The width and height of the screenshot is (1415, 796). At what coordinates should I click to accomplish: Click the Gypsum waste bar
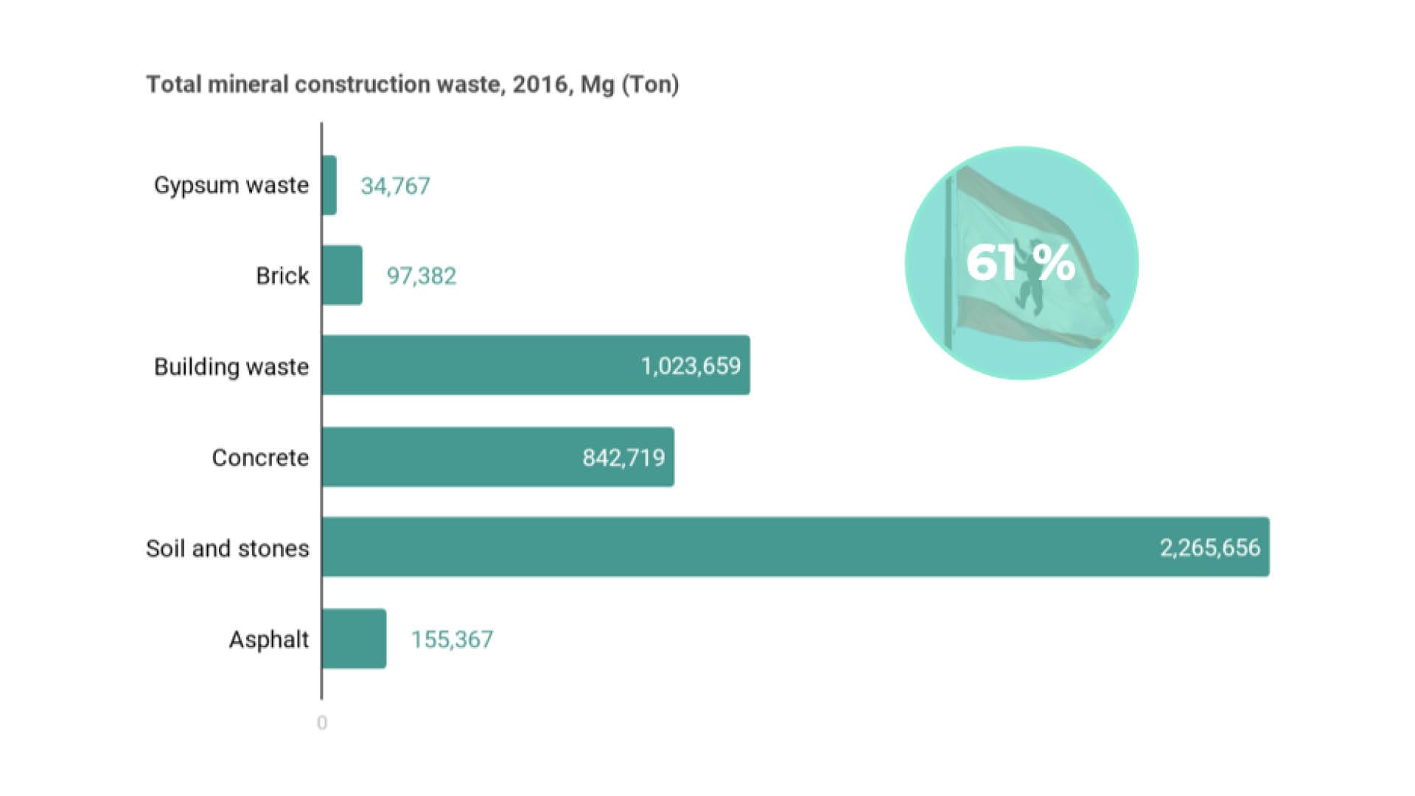tap(329, 185)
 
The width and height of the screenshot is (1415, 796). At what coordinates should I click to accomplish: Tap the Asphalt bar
tap(354, 638)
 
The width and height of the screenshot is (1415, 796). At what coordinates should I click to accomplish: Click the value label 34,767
tap(395, 186)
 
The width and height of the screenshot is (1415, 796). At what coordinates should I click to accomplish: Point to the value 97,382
tap(422, 276)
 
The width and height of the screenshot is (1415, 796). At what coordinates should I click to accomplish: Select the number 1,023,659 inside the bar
tap(691, 366)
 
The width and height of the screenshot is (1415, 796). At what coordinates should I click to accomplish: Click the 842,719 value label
tap(623, 458)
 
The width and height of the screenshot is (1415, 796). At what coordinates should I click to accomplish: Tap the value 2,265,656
tap(1209, 548)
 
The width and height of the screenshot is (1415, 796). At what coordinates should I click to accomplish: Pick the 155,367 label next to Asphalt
tap(452, 639)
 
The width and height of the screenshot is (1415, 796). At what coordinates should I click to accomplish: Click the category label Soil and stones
tap(228, 548)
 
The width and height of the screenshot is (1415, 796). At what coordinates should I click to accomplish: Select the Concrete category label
tap(260, 458)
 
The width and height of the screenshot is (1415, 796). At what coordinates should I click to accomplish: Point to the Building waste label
tap(231, 366)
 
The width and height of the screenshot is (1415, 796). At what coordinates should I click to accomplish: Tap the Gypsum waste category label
tap(231, 185)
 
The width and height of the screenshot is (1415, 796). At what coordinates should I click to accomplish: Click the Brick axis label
tap(282, 276)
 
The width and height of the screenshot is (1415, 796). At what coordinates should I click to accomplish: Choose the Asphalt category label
tap(269, 639)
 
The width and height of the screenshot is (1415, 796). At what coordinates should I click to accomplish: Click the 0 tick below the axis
tap(322, 723)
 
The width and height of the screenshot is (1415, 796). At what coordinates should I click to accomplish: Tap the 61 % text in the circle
tap(1021, 262)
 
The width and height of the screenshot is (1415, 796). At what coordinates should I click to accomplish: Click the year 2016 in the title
tap(539, 85)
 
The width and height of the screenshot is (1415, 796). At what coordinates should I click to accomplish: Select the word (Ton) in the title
tap(650, 85)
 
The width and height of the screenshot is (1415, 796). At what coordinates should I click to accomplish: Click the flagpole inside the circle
tap(949, 265)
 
